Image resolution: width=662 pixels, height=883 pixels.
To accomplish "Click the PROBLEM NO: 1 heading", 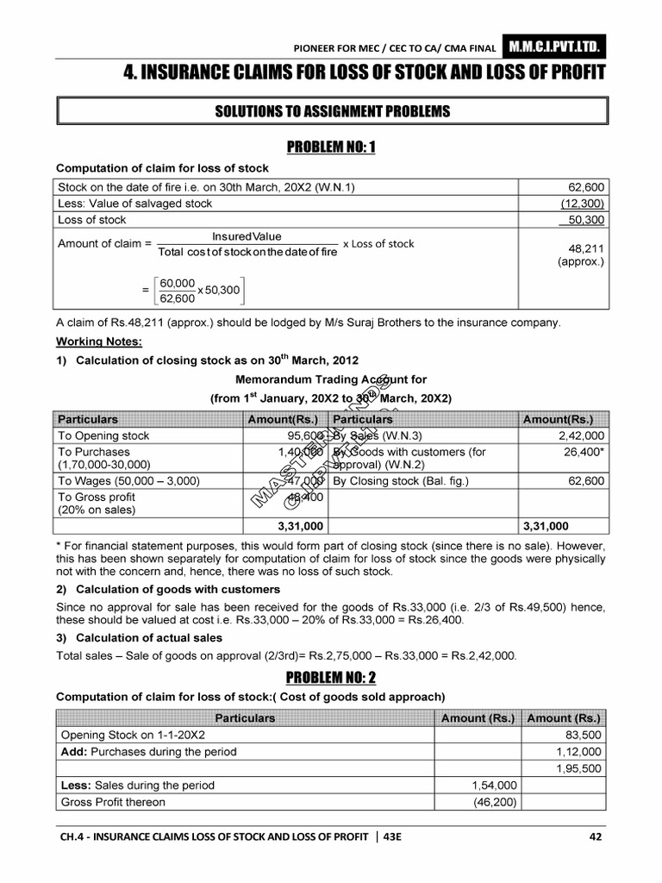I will pos(331,147).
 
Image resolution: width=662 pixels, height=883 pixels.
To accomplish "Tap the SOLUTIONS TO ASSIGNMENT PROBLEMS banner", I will pos(331,112).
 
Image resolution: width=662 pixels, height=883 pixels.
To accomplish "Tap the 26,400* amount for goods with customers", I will pos(584,452).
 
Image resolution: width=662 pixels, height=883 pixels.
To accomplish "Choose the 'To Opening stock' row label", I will pos(103,436).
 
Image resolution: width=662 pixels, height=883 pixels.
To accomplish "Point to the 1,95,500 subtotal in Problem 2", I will pos(580,768).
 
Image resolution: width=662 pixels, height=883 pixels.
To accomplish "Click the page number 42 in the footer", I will pos(594,836).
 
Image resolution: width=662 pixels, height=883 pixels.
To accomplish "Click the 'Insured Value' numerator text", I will pos(247,236).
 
